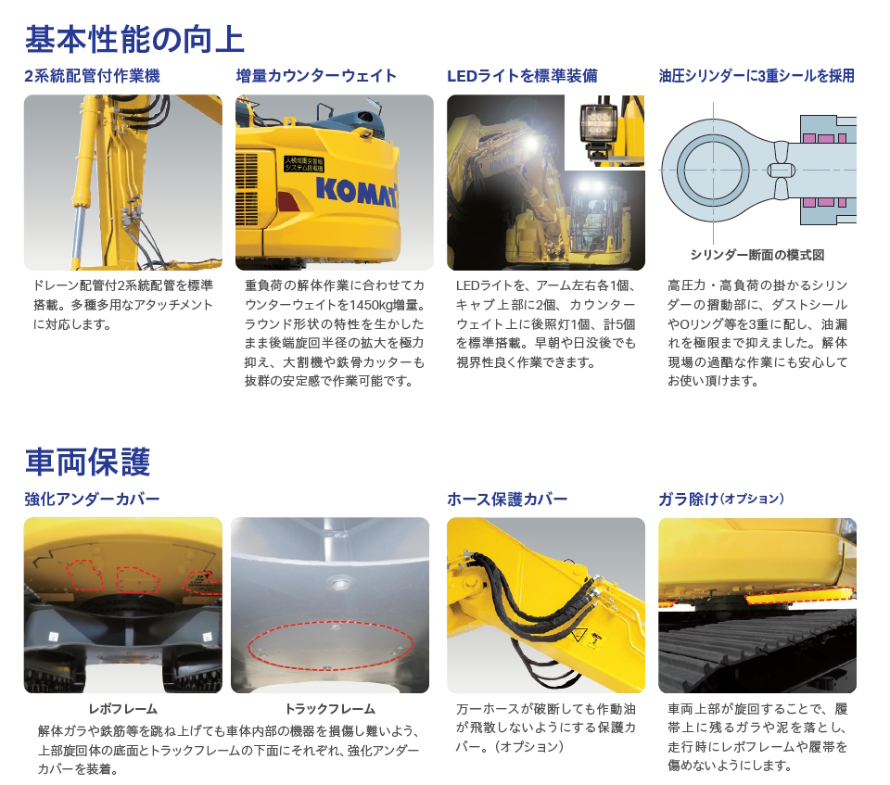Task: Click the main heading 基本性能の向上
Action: [x=134, y=39]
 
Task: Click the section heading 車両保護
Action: [x=87, y=462]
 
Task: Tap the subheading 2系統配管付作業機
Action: [x=92, y=76]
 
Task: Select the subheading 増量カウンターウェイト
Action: [x=316, y=76]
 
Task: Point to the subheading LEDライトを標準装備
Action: [x=522, y=76]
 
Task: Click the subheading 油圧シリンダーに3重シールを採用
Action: [x=756, y=76]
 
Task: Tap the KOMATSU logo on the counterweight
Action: [x=356, y=191]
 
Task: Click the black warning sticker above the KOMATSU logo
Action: [x=304, y=164]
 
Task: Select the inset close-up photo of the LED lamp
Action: [x=604, y=132]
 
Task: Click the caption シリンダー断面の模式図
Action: [x=757, y=256]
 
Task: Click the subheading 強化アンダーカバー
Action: [x=92, y=500]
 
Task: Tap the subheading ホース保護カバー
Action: [x=507, y=500]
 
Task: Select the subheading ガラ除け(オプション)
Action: [x=721, y=500]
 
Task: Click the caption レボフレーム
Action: [x=122, y=709]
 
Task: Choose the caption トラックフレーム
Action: [x=330, y=709]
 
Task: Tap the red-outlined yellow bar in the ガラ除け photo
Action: [x=798, y=594]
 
